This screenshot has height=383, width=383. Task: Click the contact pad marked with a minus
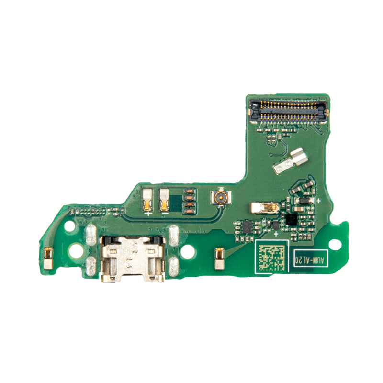pos(164,200)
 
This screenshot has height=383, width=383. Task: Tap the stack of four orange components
pos(190,201)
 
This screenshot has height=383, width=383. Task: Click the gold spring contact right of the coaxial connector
pos(264,208)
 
